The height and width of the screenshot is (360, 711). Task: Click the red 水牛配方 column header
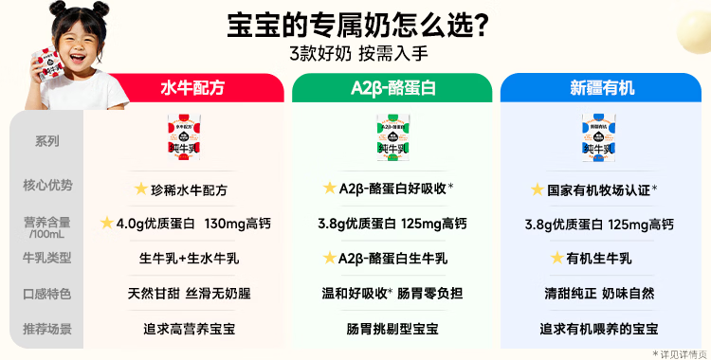[192, 87]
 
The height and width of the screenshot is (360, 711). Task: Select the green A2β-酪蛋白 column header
[392, 87]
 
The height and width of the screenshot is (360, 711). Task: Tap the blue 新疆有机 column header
[601, 87]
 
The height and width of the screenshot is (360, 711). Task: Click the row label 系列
[47, 141]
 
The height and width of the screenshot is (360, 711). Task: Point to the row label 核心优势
[47, 185]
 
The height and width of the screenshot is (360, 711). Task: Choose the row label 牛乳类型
[47, 258]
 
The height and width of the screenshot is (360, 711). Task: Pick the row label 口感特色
[47, 294]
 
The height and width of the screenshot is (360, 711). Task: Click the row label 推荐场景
[47, 329]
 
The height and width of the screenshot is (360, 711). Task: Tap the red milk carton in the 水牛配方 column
[185, 137]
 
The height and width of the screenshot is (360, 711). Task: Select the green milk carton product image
[393, 137]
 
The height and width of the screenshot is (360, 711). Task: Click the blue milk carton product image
[599, 137]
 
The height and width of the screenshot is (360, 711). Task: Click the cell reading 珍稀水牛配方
[189, 190]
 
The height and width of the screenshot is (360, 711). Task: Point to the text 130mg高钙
[238, 224]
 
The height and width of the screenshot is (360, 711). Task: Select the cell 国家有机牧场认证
[598, 190]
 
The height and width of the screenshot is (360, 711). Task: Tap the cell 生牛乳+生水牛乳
[189, 259]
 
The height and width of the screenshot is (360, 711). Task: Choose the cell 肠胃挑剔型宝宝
[392, 329]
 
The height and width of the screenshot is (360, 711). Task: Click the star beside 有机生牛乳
[556, 258]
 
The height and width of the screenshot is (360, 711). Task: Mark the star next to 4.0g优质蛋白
[106, 223]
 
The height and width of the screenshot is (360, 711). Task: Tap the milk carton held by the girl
[47, 64]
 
